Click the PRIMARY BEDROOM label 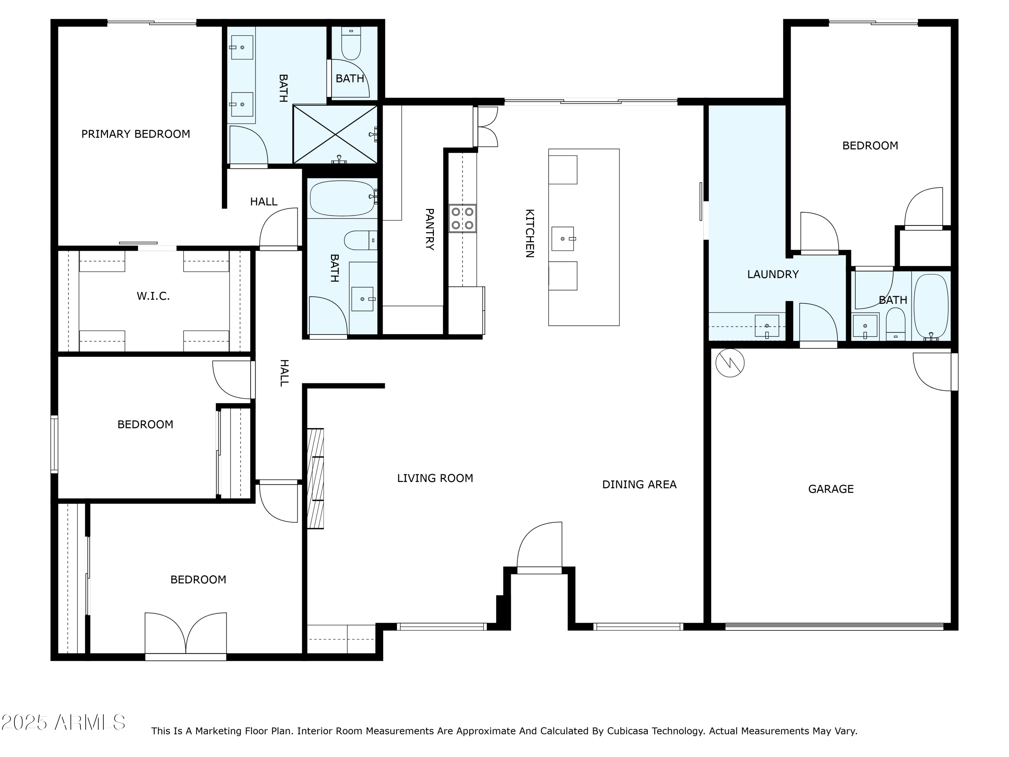136,134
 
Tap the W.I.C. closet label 153,296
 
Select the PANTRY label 429,229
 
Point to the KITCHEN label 530,233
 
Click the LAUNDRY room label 773,274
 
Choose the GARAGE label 831,489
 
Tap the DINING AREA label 639,484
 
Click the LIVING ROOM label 435,478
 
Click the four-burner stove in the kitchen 462,219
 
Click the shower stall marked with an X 335,134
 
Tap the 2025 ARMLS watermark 64,722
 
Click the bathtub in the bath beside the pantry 343,198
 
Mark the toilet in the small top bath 351,43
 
